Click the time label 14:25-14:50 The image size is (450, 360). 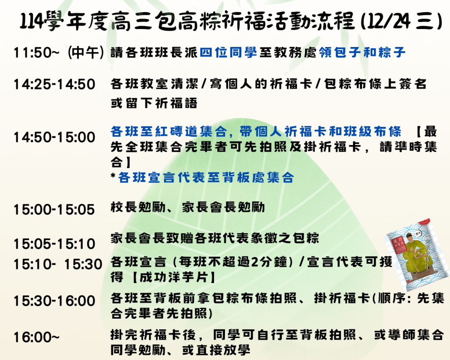pyautogui.click(x=54, y=84)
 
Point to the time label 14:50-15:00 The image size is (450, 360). pyautogui.click(x=54, y=137)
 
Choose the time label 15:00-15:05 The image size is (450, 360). pyautogui.click(x=54, y=209)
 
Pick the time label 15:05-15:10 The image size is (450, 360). pyautogui.click(x=54, y=244)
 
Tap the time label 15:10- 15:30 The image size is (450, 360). pyautogui.click(x=58, y=264)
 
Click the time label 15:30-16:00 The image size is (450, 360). pyautogui.click(x=54, y=301)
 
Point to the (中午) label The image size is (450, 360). pyautogui.click(x=86, y=53)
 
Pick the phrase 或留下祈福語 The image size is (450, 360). pyautogui.click(x=154, y=104)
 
